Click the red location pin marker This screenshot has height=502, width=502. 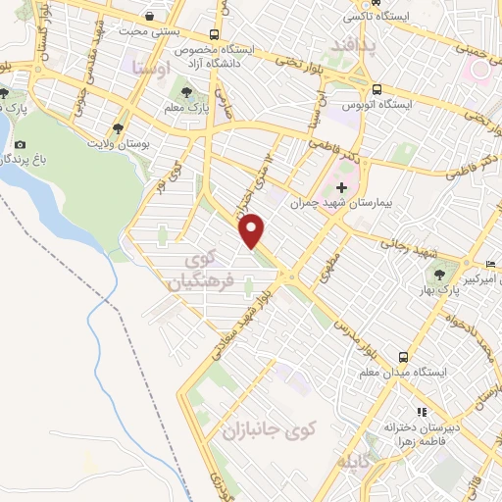click(x=253, y=229)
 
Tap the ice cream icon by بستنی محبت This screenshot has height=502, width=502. click(x=148, y=17)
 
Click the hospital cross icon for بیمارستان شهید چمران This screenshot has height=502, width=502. click(x=341, y=187)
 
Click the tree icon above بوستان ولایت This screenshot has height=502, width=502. click(x=118, y=127)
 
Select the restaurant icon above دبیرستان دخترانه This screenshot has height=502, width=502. click(x=422, y=412)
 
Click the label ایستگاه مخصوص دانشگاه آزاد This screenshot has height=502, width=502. click(x=260, y=54)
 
